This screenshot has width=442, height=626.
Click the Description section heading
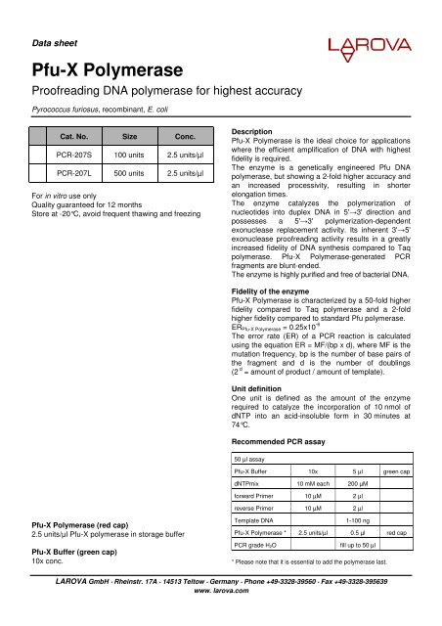260,130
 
